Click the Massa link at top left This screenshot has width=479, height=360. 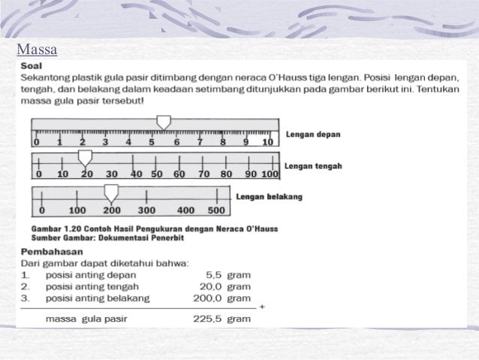(36, 51)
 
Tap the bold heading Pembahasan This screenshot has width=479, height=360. (53, 252)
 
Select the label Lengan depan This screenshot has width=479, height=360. (313, 135)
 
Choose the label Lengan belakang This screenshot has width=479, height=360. (269, 197)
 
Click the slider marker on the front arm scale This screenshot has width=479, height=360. (163, 123)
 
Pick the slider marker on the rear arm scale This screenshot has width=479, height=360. (111, 193)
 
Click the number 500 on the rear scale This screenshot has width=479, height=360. (216, 210)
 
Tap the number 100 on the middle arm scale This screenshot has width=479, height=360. (270, 174)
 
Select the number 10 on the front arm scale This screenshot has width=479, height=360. (268, 142)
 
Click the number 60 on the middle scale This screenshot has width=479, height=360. (179, 174)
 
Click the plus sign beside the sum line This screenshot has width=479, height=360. (261, 308)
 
